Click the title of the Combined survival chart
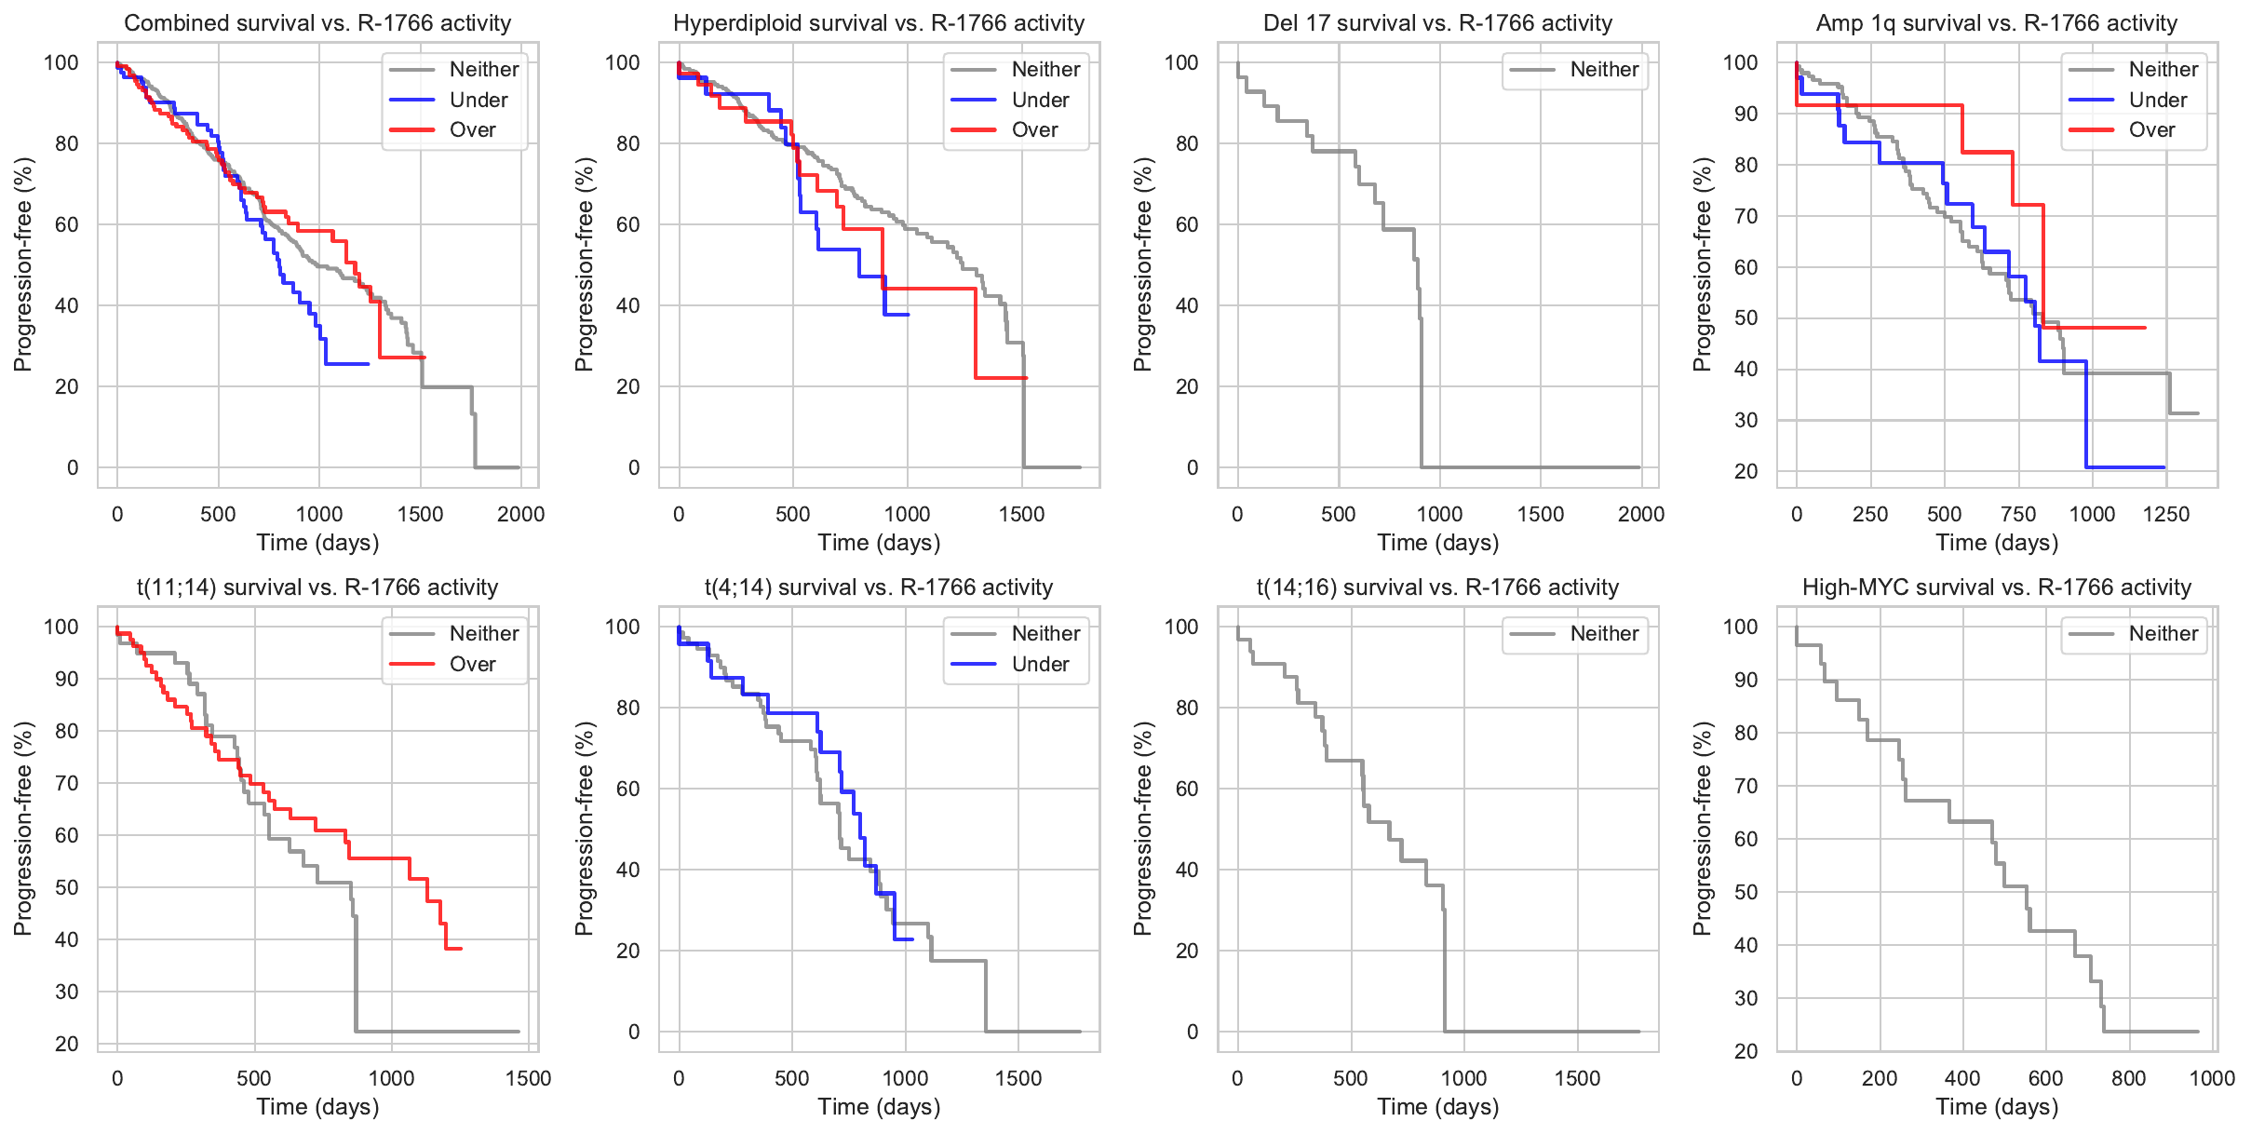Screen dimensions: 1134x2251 pyautogui.click(x=317, y=23)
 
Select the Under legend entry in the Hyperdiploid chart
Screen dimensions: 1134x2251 pyautogui.click(x=1039, y=100)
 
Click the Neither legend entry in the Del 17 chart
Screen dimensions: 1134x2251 pyautogui.click(x=1603, y=69)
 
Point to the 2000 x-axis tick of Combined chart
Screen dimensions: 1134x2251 pyautogui.click(x=520, y=514)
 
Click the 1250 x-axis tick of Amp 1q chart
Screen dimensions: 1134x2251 pyautogui.click(x=2165, y=514)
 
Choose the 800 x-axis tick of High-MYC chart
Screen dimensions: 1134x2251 pyautogui.click(x=2128, y=1078)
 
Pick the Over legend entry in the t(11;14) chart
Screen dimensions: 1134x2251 pyautogui.click(x=472, y=664)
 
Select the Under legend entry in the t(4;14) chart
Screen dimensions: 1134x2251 pyautogui.click(x=1039, y=664)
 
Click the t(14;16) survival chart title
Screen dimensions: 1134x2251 pyautogui.click(x=1437, y=587)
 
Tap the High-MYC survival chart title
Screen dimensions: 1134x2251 pyautogui.click(x=1997, y=587)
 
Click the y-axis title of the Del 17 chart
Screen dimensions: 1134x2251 pyautogui.click(x=1142, y=264)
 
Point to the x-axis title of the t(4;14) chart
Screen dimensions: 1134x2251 pyautogui.click(x=879, y=1106)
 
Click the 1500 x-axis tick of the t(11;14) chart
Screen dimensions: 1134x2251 pyautogui.click(x=528, y=1078)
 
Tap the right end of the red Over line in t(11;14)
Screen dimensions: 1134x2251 pyautogui.click(x=461, y=948)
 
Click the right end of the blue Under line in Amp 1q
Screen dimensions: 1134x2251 pyautogui.click(x=2163, y=466)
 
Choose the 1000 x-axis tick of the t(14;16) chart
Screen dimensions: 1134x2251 pyautogui.click(x=1463, y=1078)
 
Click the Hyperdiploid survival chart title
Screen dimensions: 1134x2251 pyautogui.click(x=879, y=23)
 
